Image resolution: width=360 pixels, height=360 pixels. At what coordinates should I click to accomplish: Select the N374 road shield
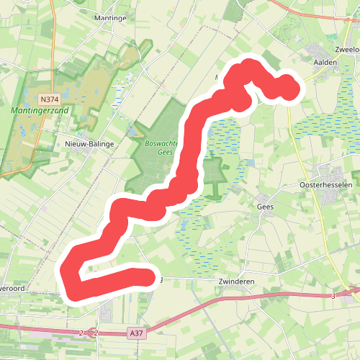[49, 99]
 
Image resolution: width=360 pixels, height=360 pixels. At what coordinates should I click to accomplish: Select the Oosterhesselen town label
[325, 184]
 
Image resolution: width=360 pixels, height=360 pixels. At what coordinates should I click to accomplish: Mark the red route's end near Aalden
[288, 87]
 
